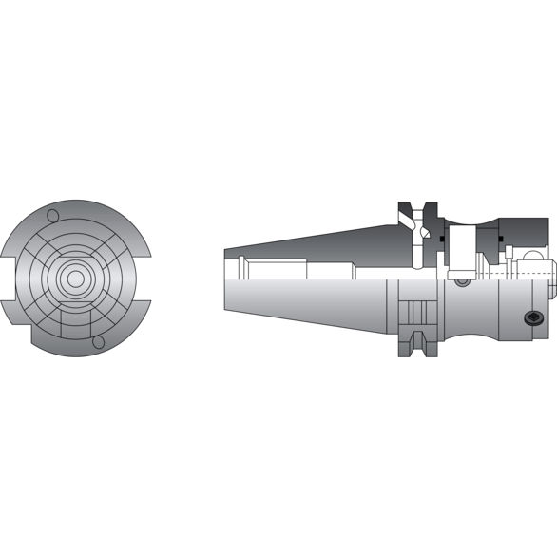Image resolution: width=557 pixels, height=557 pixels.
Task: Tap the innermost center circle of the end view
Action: point(74,278)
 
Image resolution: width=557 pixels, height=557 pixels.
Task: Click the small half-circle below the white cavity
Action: point(462,280)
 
